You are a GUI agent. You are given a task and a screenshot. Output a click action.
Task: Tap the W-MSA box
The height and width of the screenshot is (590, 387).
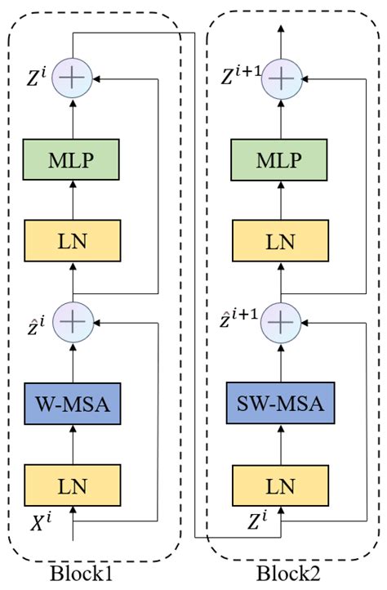73,403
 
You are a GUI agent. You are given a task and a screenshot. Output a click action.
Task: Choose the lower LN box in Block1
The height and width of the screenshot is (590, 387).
73,485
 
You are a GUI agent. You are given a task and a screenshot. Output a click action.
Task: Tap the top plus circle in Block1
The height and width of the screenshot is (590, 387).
73,79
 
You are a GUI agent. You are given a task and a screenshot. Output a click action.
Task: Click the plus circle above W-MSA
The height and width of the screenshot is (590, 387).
73,322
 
